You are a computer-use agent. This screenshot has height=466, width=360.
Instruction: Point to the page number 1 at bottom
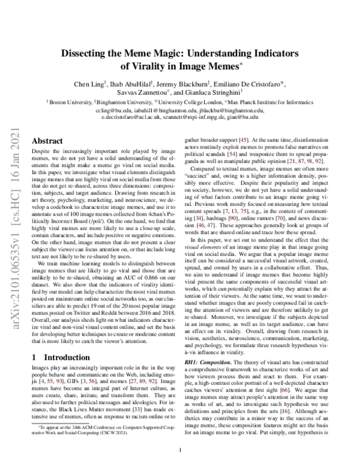180,449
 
